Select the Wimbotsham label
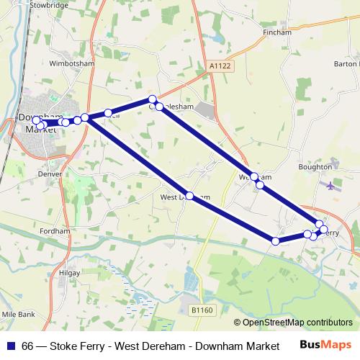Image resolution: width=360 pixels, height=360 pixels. [73, 63]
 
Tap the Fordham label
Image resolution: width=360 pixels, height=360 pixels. [55, 231]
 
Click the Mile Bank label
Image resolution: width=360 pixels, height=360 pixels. [17, 315]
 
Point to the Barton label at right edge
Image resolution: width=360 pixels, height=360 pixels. [346, 63]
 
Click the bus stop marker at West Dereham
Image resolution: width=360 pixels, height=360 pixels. [189, 196]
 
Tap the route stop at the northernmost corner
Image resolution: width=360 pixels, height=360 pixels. [152, 99]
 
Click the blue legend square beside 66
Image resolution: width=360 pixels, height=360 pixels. [11, 346]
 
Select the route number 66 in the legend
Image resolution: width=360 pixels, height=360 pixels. [27, 346]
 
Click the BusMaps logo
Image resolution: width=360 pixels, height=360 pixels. [331, 346]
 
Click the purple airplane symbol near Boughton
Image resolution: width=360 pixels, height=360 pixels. [330, 186]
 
